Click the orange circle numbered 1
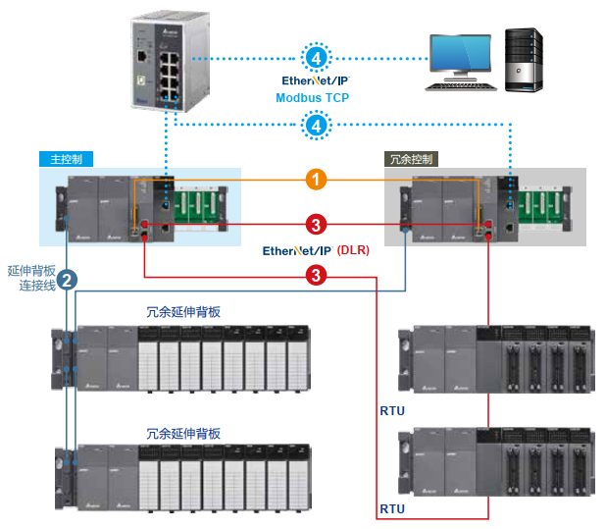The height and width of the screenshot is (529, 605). click(316, 180)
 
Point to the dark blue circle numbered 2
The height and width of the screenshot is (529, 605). click(66, 279)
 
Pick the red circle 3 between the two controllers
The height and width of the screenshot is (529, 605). click(316, 225)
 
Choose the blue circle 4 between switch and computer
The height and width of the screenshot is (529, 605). click(316, 58)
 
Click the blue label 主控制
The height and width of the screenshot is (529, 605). click(67, 158)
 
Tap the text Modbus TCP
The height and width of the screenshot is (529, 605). click(312, 98)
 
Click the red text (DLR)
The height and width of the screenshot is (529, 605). click(353, 251)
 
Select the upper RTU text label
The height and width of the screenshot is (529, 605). click(392, 411)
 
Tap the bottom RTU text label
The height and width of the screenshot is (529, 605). click(392, 509)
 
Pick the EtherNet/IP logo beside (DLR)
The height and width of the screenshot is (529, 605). click(298, 251)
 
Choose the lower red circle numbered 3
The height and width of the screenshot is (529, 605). click(316, 276)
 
